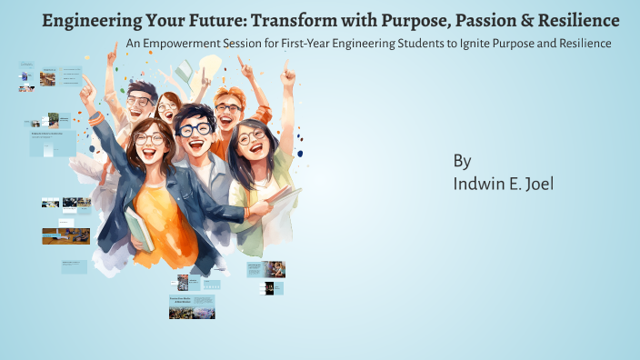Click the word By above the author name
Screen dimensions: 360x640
(x=462, y=161)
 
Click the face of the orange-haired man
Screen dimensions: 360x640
(x=228, y=111)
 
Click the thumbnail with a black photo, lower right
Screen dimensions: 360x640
(x=269, y=288)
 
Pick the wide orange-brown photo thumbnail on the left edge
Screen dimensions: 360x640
(x=65, y=235)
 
